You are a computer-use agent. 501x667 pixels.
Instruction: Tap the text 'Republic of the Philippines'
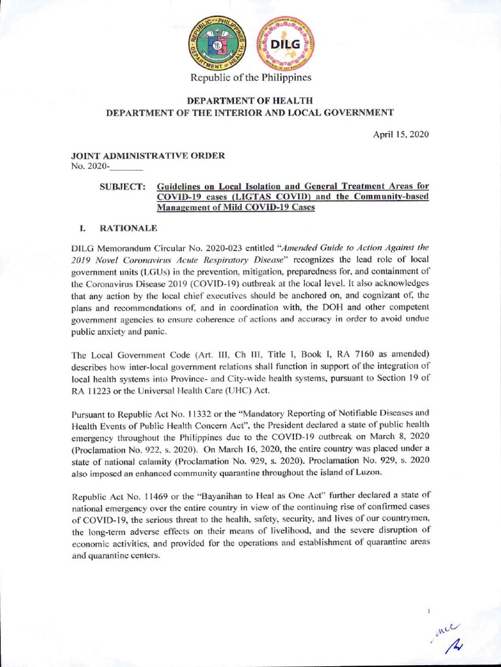250,78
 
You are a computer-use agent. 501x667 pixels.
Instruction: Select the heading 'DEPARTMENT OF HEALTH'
250,100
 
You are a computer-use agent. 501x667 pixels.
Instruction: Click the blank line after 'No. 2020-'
128,167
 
